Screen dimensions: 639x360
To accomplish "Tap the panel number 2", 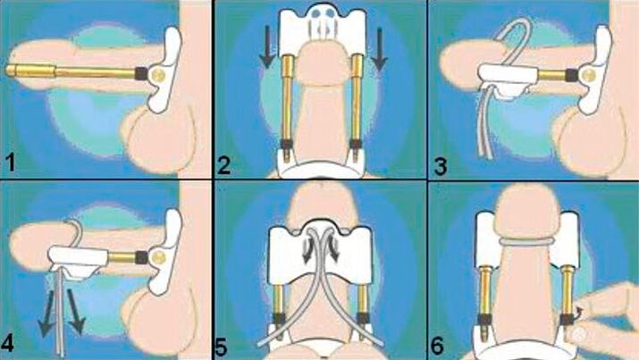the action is [x=223, y=165].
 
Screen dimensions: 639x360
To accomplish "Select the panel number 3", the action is [x=440, y=166].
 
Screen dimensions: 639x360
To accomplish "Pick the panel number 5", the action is [x=221, y=347].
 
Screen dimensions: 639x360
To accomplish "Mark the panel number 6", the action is [x=437, y=346].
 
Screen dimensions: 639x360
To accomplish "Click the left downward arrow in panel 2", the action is [x=268, y=46].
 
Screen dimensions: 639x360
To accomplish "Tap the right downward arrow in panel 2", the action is [x=379, y=48].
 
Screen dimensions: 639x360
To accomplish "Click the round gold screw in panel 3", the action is [x=588, y=74].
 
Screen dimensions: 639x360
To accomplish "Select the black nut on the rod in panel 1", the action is [x=141, y=73].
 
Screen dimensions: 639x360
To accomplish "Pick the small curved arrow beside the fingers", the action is [x=579, y=313].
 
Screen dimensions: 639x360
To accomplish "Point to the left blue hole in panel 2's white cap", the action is [x=315, y=13].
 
